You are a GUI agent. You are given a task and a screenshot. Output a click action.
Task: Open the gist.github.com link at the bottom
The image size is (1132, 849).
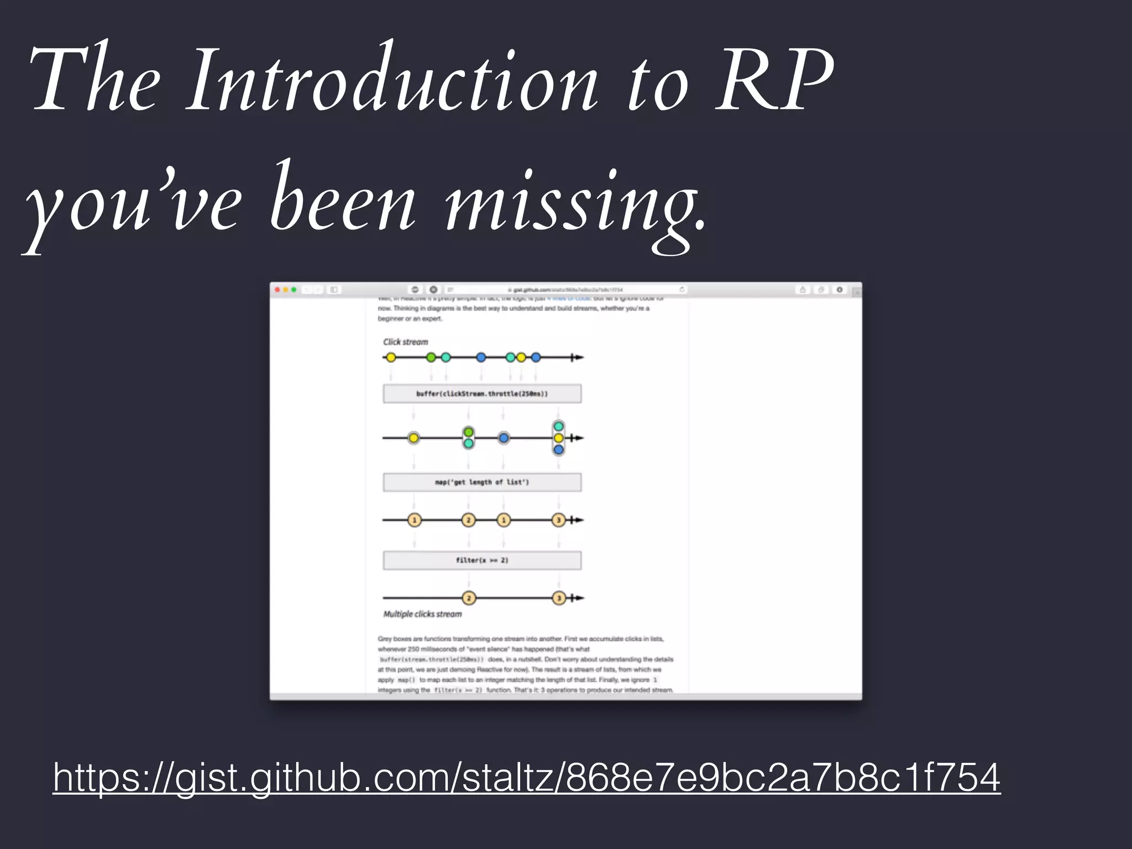[x=526, y=777]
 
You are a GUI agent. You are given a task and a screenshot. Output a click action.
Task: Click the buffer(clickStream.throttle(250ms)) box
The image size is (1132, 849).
[x=482, y=394]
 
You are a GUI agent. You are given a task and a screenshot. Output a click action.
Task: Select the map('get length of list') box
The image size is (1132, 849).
[x=482, y=482]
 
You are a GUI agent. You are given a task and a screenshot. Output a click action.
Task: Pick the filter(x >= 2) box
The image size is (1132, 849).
[x=482, y=560]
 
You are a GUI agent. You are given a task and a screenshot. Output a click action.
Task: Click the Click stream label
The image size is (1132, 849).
[x=406, y=342]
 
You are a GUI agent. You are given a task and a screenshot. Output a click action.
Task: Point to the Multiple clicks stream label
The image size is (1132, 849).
[x=422, y=614]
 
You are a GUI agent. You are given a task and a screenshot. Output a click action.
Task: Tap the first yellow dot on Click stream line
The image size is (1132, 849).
[x=391, y=358]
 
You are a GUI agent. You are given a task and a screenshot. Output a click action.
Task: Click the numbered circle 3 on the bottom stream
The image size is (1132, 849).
[x=559, y=598]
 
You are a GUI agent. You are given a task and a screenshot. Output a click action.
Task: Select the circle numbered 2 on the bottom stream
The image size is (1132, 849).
[x=469, y=598]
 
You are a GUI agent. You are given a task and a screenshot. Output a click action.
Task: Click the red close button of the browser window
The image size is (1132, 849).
[x=277, y=290]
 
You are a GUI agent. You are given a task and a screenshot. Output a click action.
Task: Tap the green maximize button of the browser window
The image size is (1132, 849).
[x=294, y=290]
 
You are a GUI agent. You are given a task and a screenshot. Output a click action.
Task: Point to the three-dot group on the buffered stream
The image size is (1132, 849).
[x=558, y=438]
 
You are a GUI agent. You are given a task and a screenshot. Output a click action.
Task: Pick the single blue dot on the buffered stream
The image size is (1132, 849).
[x=504, y=438]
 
